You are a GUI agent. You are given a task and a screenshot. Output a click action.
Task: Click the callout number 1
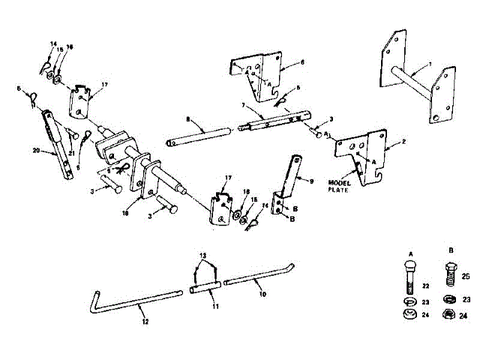point(429,64)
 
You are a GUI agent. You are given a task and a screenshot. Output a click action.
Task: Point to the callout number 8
point(188,120)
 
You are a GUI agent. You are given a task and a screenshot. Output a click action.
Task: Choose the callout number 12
point(145,321)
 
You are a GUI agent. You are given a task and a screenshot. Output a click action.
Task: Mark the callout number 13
point(200,256)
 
